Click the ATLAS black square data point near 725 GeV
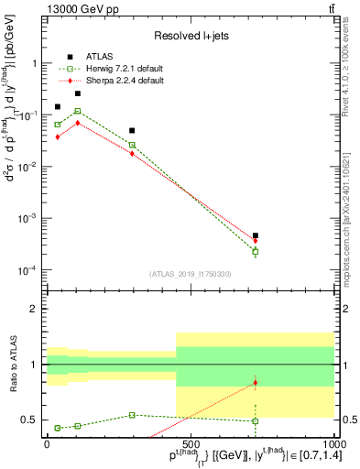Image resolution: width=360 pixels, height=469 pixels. [256, 235]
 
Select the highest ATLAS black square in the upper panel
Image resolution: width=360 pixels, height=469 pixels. [78, 93]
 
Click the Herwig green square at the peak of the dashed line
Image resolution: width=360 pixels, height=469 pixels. [78, 111]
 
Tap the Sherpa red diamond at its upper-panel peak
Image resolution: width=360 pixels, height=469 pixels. [78, 122]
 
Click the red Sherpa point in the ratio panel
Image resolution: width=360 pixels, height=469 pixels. [256, 382]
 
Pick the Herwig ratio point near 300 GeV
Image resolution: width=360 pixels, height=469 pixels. [133, 415]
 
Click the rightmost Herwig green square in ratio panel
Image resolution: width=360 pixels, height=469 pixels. [256, 421]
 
